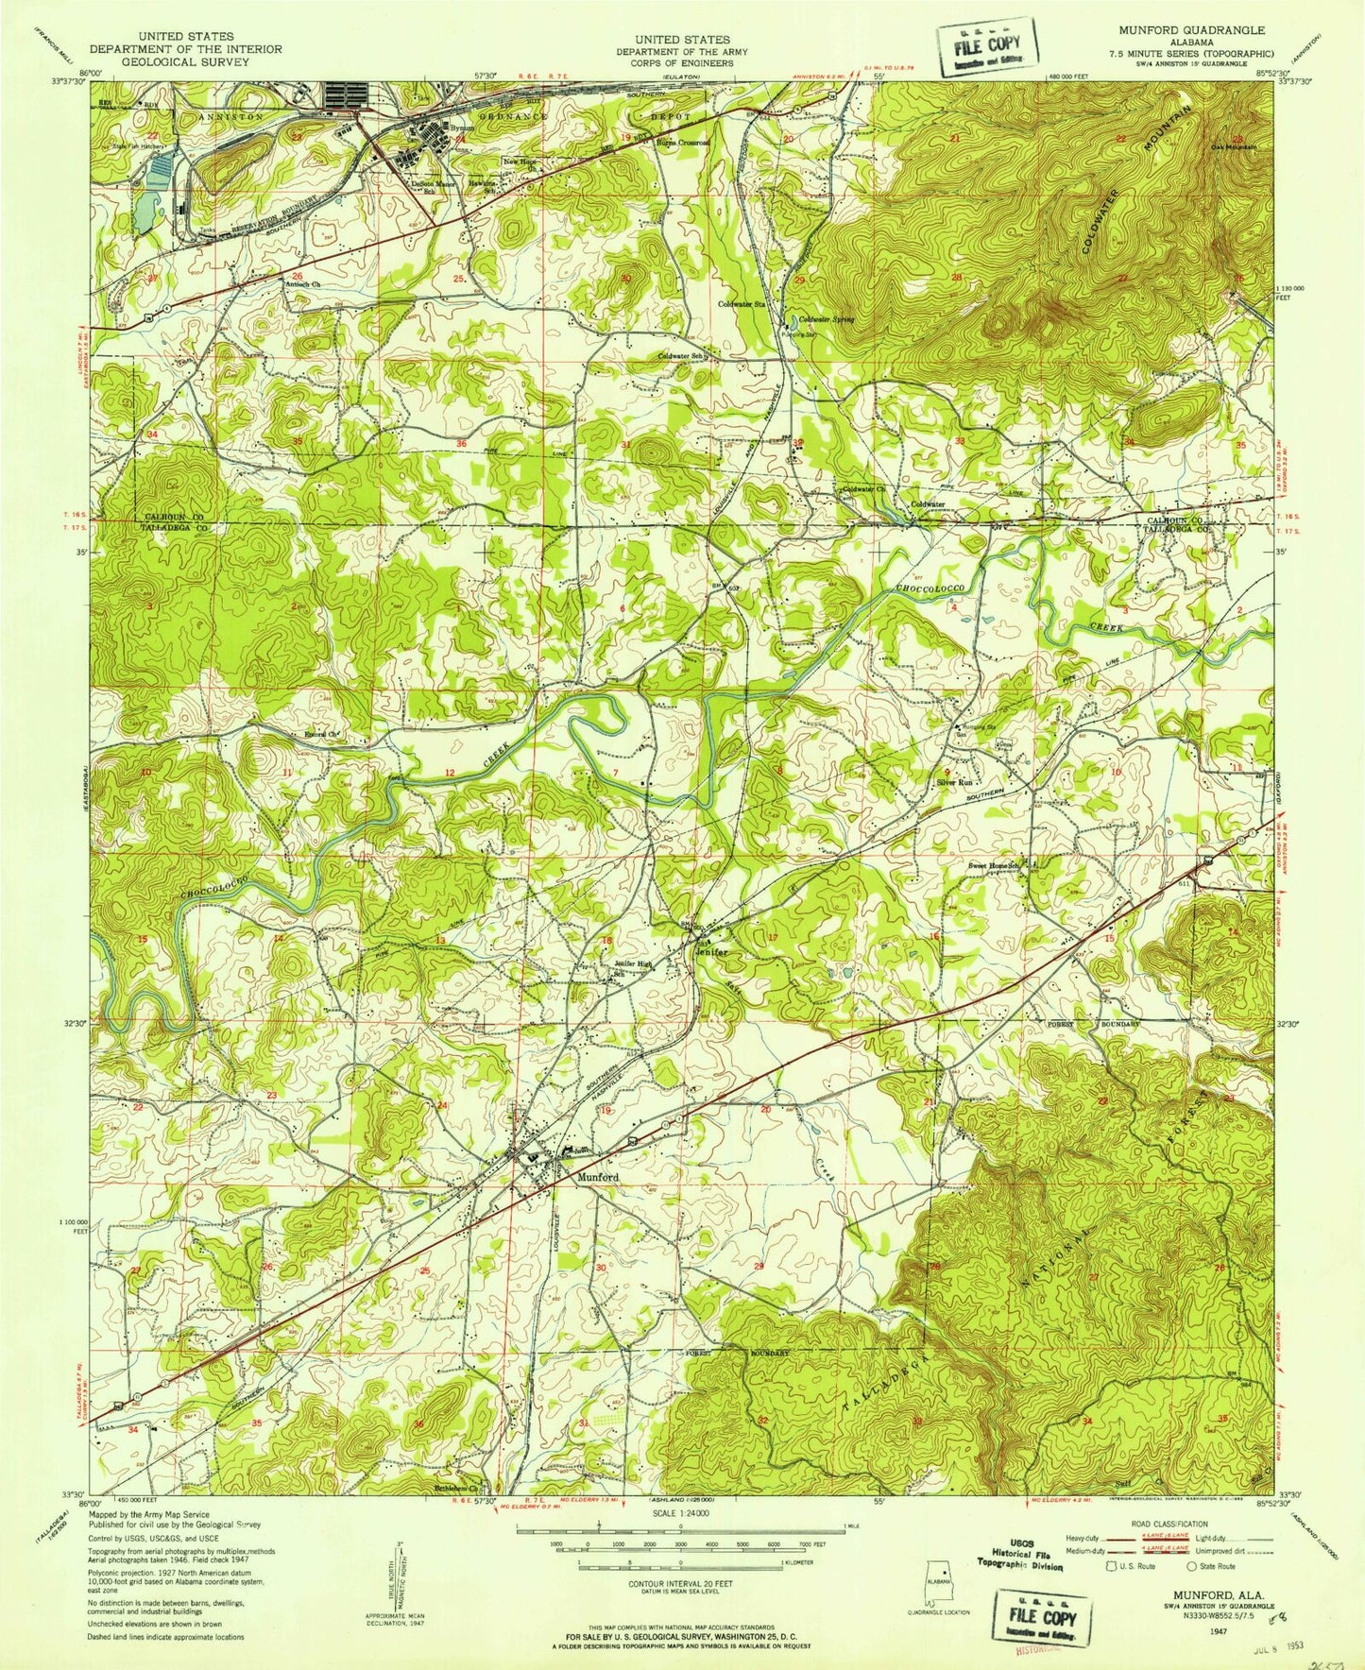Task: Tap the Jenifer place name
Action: pyautogui.click(x=712, y=953)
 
